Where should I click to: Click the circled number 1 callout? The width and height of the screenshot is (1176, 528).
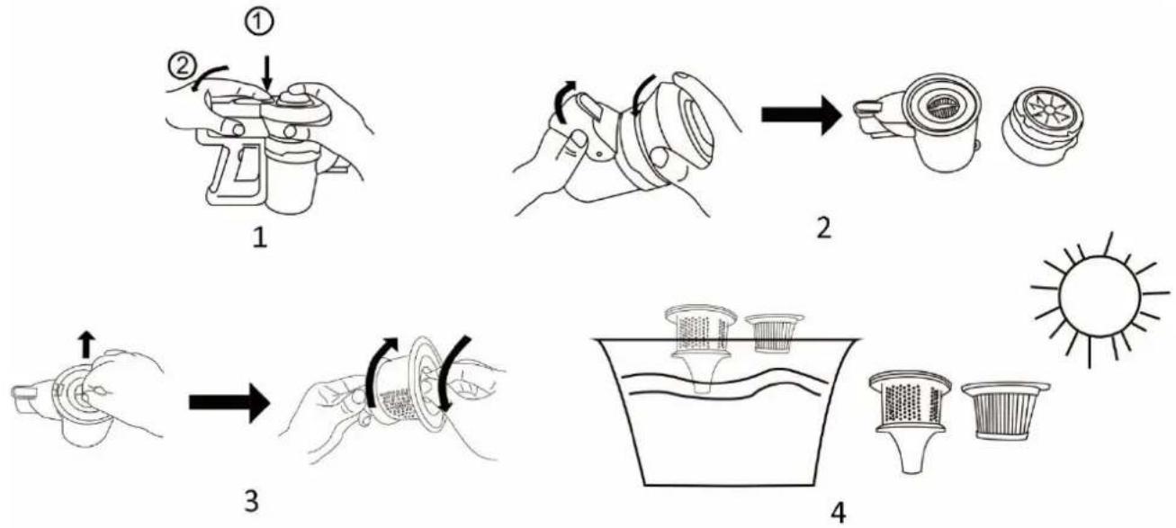click(x=259, y=23)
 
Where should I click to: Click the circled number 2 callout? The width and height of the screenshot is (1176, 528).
click(x=182, y=67)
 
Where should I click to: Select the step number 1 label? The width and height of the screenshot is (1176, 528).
click(x=260, y=237)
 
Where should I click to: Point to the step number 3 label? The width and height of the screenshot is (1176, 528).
click(x=251, y=500)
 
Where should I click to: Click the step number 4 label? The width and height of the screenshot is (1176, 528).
click(x=839, y=512)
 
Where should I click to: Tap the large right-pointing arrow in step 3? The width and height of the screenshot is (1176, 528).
click(x=229, y=403)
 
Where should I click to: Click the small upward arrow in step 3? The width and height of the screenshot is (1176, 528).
click(x=87, y=345)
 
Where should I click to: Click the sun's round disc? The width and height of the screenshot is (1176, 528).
click(x=1100, y=297)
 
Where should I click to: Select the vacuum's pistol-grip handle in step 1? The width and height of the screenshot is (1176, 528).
click(x=231, y=167)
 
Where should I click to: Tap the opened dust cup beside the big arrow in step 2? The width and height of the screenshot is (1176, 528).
click(x=919, y=124)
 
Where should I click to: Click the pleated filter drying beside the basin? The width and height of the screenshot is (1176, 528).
click(x=1005, y=411)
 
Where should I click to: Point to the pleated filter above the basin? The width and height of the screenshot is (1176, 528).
click(x=774, y=333)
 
